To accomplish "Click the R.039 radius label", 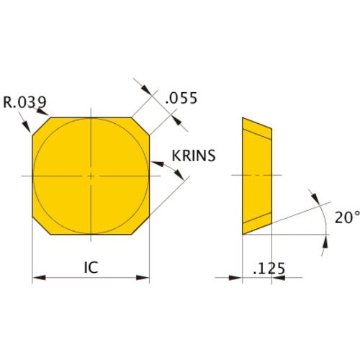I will click(24, 102).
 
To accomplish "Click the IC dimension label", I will click(90, 267).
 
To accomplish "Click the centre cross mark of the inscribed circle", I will click(91, 176).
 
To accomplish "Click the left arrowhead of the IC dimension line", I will click(37, 276).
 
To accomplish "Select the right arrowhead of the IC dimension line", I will click(145, 276).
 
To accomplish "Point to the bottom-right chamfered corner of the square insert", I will click(143, 227).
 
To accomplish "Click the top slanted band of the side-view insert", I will click(258, 129).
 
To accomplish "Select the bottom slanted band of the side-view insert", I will click(258, 222).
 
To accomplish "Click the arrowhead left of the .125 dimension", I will click(237, 276).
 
